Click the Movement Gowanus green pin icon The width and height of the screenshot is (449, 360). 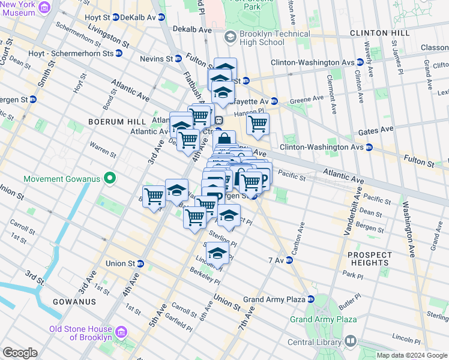tap(109, 178)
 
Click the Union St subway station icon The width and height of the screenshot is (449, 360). tap(140, 263)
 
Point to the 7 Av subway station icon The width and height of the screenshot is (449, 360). tap(289, 260)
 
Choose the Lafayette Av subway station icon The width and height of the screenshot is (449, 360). tap(274, 100)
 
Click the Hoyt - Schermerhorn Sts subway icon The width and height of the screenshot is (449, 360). tap(119, 53)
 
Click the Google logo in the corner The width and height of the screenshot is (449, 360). tap(20, 353)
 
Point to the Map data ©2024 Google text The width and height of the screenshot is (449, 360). tap(411, 355)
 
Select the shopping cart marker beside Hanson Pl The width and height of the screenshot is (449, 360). tap(258, 124)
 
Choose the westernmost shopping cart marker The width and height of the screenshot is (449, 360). tap(154, 196)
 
